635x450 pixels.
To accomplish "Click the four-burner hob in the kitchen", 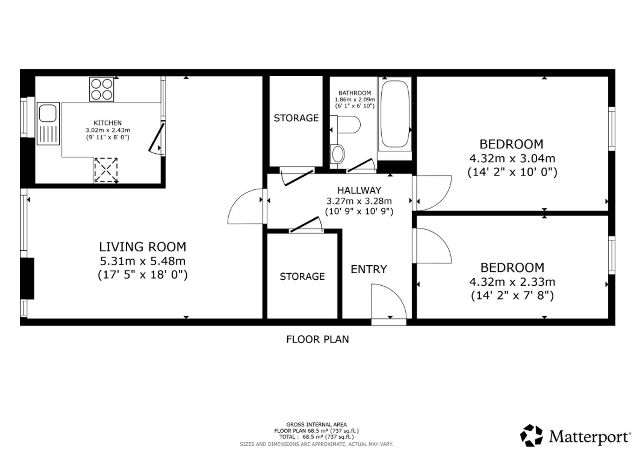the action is point(102,89).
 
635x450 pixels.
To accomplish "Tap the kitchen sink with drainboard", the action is point(48,123).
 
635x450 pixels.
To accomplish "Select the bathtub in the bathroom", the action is point(395,118).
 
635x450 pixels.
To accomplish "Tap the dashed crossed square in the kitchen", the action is point(106,170).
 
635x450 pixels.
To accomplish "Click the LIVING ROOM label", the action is point(143,247).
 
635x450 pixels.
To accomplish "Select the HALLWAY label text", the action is point(359,190).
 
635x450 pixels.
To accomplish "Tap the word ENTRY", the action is point(369,269).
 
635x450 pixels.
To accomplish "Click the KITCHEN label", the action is point(108,123).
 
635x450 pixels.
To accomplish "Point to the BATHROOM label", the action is point(355,93).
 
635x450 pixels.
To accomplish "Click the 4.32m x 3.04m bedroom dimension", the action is point(512,158).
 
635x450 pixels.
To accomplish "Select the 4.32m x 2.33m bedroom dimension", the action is point(512,282).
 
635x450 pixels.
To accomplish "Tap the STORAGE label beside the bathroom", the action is point(296,118).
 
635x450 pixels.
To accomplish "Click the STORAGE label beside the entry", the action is point(302,276).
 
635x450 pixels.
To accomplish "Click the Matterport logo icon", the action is point(531,435).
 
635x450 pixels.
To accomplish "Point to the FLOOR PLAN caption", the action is point(317,339).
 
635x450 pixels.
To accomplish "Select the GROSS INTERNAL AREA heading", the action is point(317,425).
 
